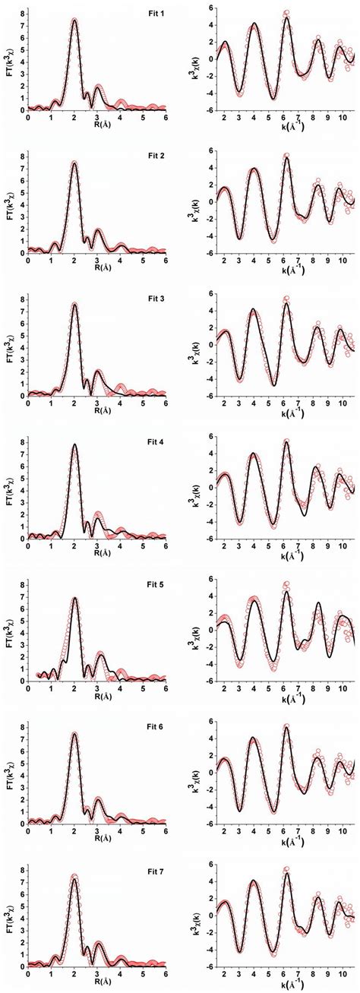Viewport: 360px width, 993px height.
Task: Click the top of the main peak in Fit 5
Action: (74, 598)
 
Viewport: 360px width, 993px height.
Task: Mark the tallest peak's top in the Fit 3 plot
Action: (74, 304)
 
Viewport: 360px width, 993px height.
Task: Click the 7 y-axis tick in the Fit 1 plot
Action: (22, 25)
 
